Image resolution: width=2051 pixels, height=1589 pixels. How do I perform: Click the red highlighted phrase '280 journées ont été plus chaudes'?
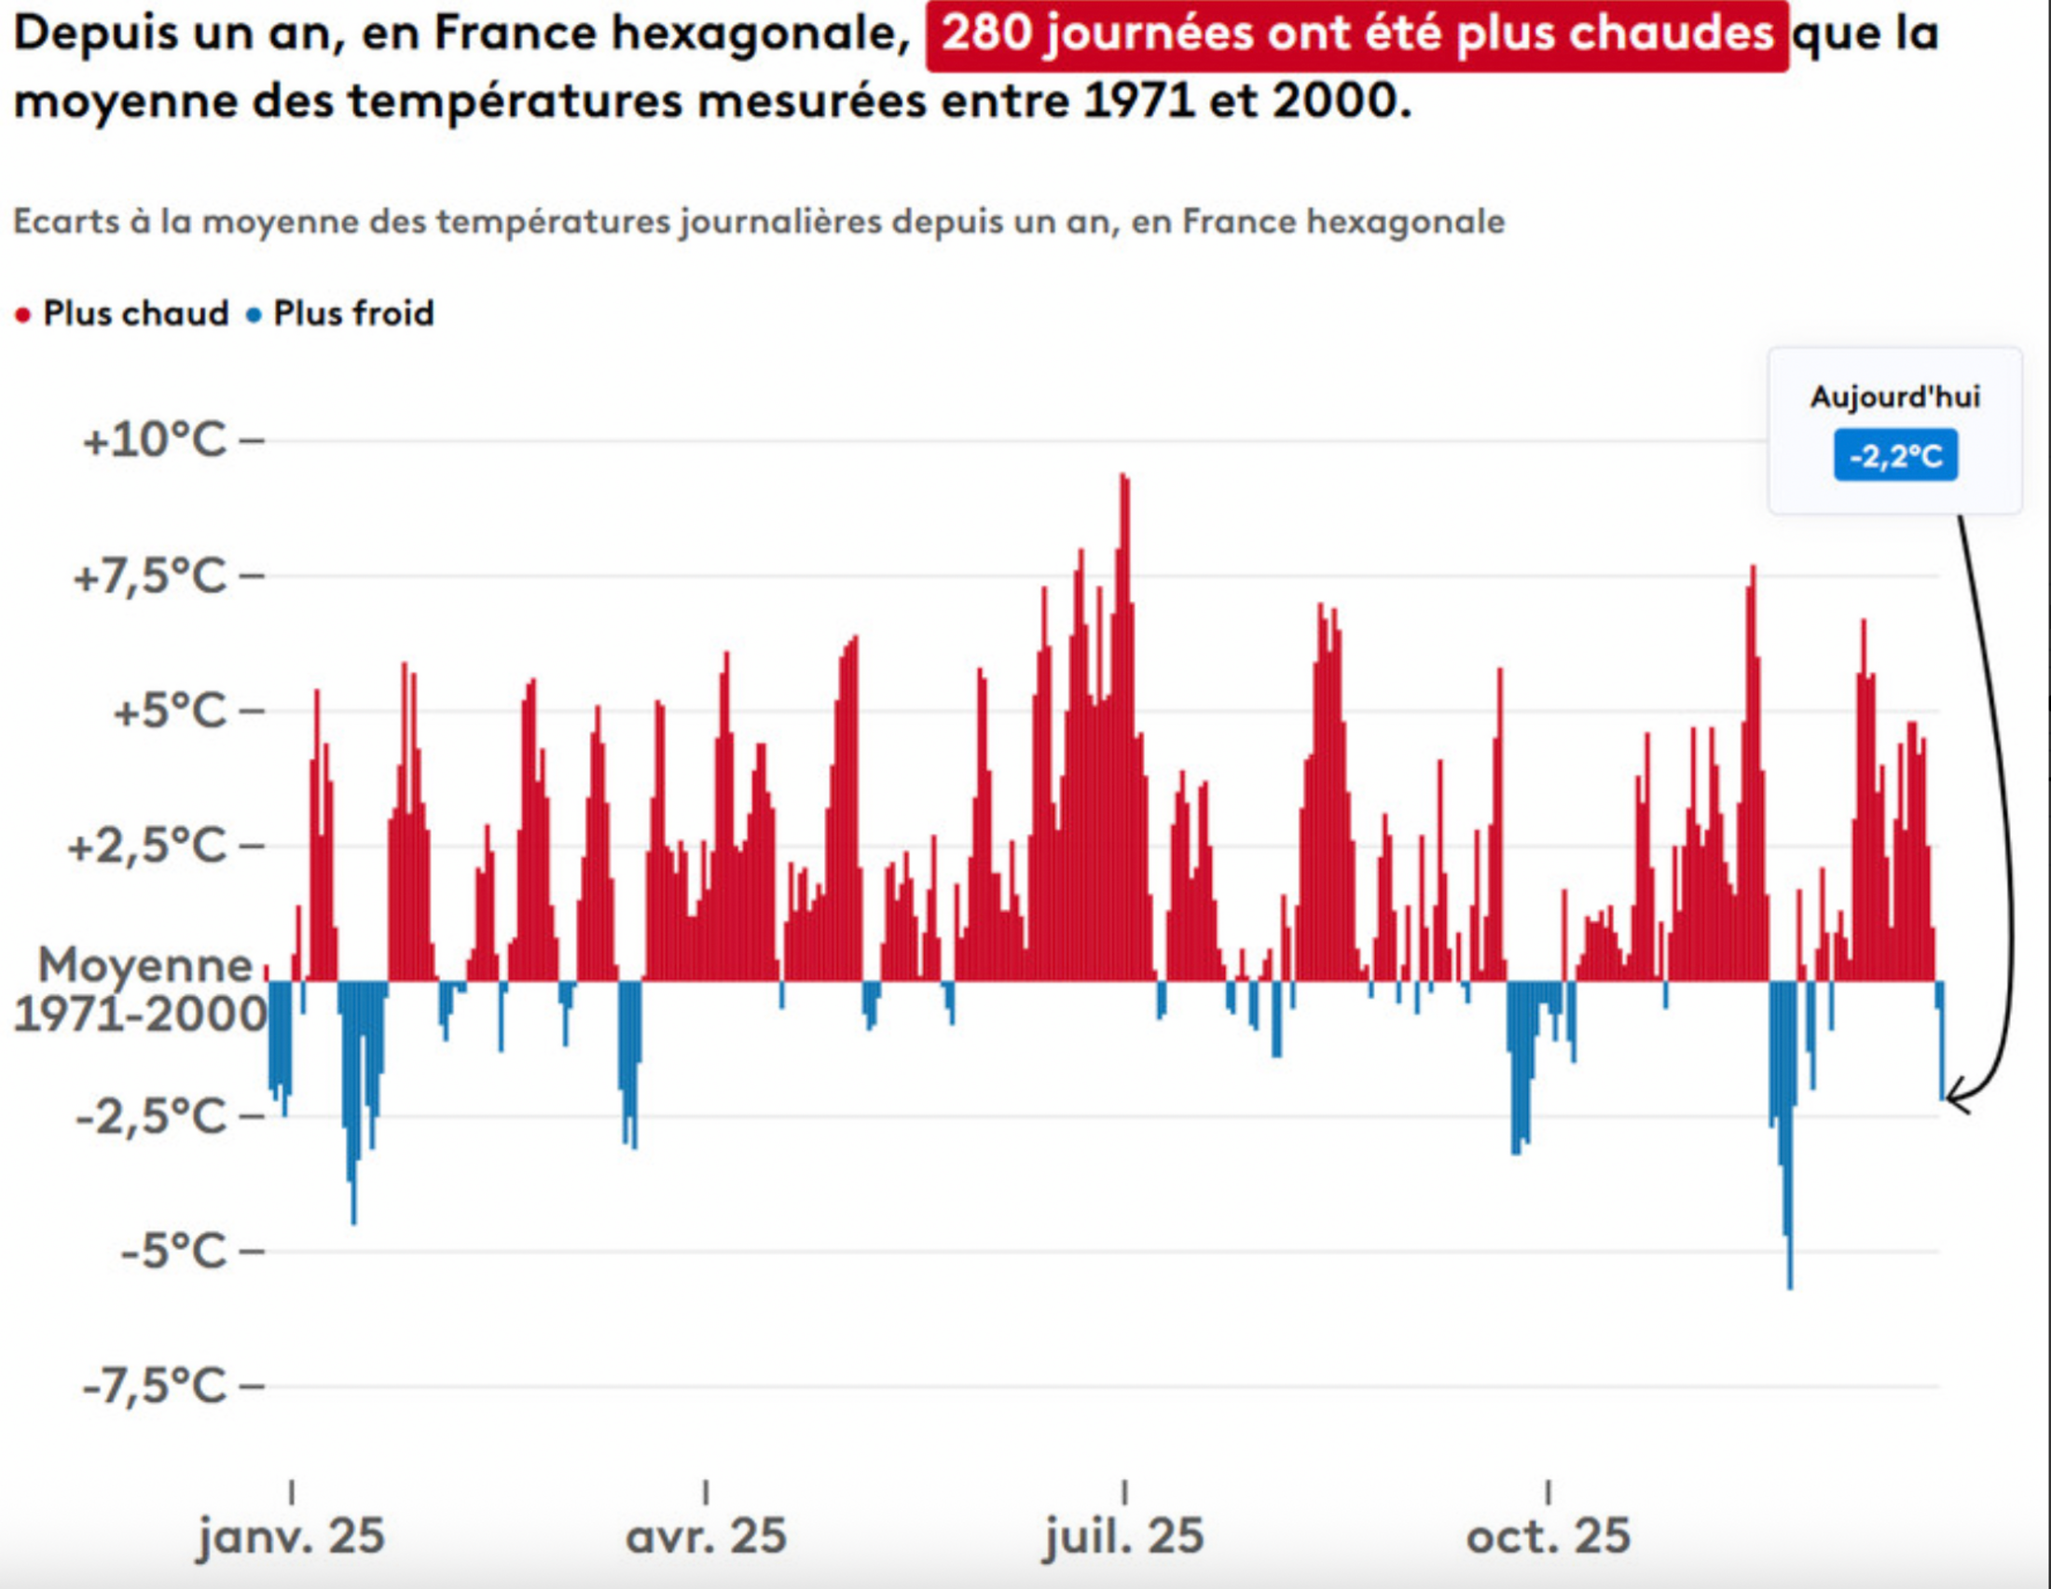[1357, 35]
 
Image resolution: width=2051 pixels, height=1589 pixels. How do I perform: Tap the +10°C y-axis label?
[155, 439]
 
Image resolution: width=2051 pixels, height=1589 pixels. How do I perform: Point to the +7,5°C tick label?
[150, 575]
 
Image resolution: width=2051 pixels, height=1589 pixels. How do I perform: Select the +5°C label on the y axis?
[170, 711]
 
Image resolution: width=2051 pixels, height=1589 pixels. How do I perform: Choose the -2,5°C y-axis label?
[151, 1116]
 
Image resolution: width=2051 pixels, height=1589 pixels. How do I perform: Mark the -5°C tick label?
[173, 1251]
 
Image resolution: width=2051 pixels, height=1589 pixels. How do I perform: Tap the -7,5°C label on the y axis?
[155, 1386]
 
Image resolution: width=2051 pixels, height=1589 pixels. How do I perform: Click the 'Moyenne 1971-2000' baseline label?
[141, 988]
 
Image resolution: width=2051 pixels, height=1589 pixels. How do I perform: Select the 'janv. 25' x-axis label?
[291, 1537]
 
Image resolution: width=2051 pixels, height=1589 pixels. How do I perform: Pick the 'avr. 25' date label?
[707, 1537]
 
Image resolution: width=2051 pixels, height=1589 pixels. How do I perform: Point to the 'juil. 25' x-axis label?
[1124, 1537]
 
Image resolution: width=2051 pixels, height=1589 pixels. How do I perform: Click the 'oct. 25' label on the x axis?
[1549, 1537]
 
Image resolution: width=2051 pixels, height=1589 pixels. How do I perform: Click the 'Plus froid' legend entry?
[353, 313]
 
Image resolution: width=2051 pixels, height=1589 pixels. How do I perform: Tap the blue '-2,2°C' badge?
[1895, 456]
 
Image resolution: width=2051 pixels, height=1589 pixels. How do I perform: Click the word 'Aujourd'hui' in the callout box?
[1895, 397]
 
